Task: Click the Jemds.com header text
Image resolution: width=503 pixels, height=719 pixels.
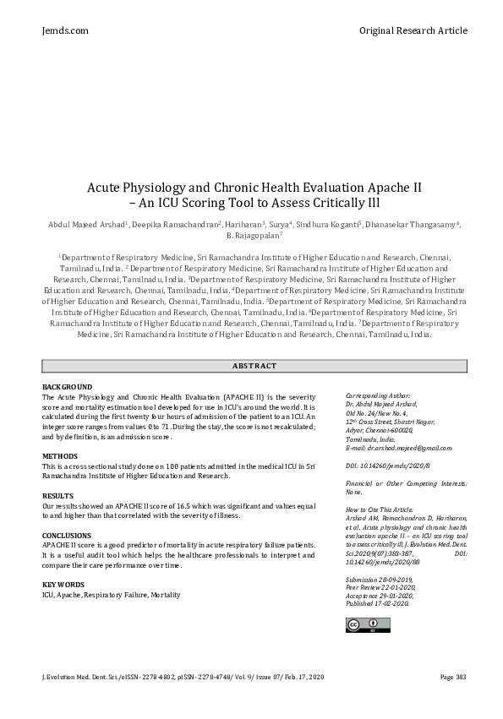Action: coord(65,30)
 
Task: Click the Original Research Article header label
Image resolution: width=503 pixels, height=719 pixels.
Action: coord(413,30)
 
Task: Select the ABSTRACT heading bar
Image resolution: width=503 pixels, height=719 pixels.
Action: coord(254,365)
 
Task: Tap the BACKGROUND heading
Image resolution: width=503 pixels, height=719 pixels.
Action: coord(67,386)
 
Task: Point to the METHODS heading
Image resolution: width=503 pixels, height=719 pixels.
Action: coord(60,455)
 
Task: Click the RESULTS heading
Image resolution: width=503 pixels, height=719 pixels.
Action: coord(58,495)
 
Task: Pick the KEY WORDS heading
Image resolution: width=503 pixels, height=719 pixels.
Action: coord(64,585)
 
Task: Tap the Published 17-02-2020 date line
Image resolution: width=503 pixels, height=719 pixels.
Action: coord(378,602)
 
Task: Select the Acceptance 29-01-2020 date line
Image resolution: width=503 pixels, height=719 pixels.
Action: coord(380,595)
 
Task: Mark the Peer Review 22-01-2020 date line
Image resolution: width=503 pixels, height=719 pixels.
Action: coord(381,587)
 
